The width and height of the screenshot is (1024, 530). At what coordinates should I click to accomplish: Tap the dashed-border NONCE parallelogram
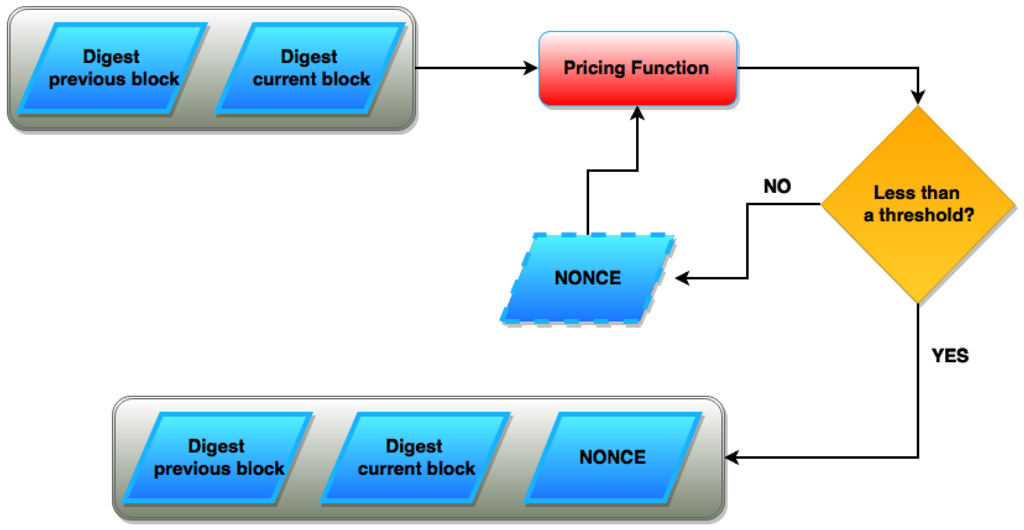tap(587, 278)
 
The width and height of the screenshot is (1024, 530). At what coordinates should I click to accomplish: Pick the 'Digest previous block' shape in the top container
tap(113, 68)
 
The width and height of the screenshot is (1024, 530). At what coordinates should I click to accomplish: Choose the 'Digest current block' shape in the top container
tap(310, 68)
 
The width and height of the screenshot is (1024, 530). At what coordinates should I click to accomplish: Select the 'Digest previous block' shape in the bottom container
tap(218, 457)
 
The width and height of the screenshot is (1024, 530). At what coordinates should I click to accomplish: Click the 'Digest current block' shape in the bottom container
tap(415, 457)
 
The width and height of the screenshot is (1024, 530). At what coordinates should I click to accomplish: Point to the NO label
tap(777, 186)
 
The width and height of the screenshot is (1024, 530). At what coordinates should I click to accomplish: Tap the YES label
tap(950, 356)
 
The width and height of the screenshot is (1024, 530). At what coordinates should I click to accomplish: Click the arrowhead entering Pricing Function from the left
tap(531, 68)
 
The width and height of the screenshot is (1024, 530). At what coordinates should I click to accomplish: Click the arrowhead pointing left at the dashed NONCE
tap(682, 278)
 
